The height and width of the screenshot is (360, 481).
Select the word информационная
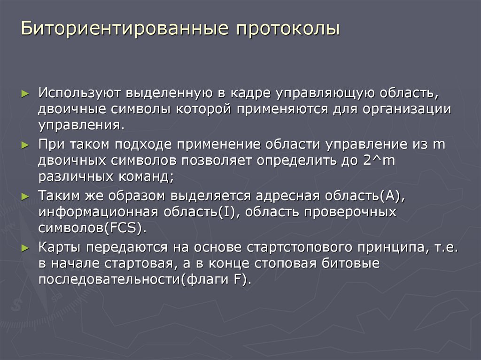(x=98, y=212)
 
